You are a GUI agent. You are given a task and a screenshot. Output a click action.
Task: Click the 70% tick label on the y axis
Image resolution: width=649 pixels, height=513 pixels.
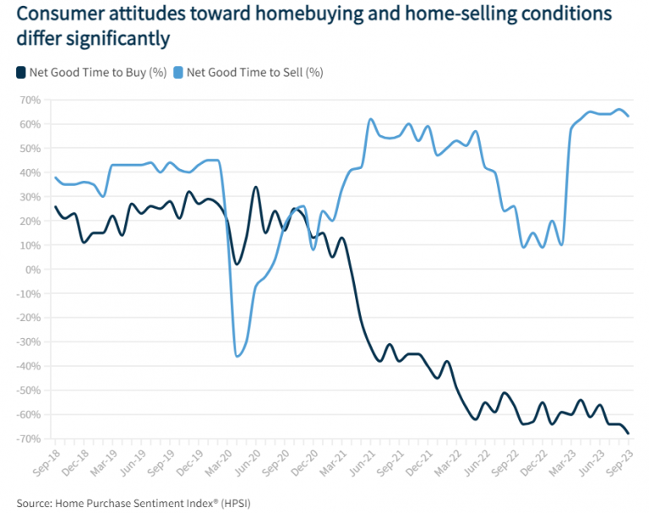point(30,100)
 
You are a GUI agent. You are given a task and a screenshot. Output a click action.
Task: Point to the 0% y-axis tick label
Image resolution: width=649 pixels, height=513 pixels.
point(33,270)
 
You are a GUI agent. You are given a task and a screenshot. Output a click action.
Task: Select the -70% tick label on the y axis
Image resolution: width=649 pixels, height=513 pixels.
point(29,439)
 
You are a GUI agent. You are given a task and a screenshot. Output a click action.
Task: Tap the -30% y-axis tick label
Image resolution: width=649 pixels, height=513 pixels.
point(29,342)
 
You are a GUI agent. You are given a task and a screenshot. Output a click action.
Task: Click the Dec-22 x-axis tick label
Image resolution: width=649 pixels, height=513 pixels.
point(528,460)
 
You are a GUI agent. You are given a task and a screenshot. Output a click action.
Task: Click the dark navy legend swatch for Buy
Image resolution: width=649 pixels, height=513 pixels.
point(20,72)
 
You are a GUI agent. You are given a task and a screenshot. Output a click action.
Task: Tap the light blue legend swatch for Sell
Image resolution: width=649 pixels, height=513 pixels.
point(179,72)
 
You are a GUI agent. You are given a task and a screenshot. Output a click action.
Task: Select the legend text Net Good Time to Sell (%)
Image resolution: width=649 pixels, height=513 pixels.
point(255,72)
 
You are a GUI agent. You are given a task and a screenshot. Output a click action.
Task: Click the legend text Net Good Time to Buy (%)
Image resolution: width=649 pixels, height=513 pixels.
point(97,72)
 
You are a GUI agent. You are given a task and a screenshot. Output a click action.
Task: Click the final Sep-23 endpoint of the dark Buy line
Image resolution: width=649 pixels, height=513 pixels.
point(629,434)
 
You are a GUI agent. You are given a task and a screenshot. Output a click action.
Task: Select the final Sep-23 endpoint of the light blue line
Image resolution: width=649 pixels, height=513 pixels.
point(629,116)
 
